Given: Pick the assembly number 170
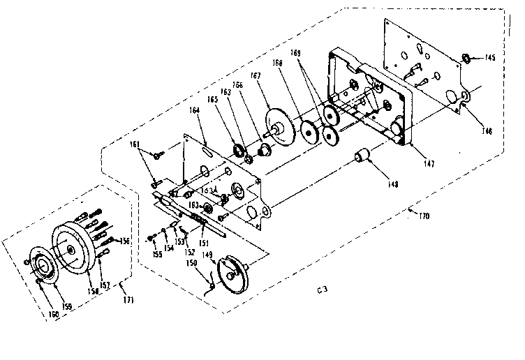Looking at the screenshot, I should point(423,216).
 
